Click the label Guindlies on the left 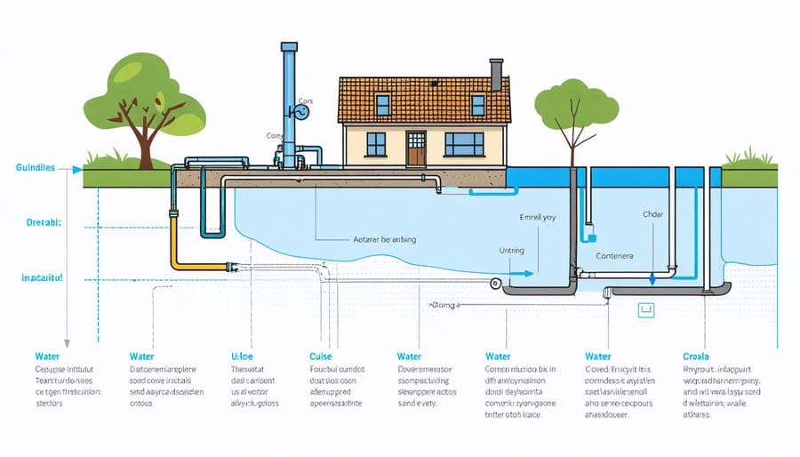36,167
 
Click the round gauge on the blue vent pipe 302,113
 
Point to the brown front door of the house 416,148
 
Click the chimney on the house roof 496,75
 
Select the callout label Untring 512,253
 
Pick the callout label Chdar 652,214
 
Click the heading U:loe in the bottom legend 243,356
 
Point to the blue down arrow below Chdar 652,277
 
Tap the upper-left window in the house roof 382,104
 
